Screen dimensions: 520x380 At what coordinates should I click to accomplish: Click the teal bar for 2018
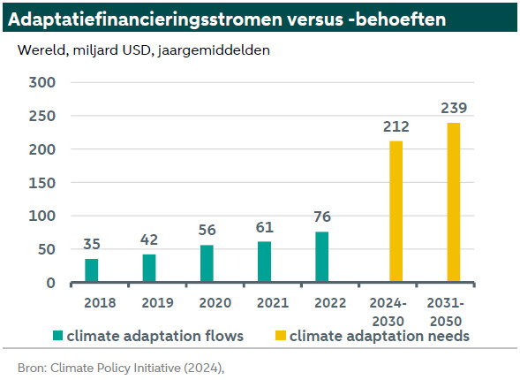(92, 270)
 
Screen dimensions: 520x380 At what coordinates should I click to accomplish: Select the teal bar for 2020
(207, 263)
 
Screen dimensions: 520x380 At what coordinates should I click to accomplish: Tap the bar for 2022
(322, 256)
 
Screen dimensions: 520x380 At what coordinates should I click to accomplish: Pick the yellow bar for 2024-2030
(396, 211)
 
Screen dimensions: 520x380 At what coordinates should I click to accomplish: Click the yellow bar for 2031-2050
(454, 202)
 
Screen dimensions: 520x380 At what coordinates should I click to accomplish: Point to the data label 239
(454, 108)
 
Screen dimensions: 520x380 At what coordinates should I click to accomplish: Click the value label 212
(396, 126)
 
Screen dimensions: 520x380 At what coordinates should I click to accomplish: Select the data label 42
(149, 240)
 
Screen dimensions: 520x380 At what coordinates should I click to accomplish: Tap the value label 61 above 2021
(264, 227)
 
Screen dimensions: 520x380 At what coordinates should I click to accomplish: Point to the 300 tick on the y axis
(41, 82)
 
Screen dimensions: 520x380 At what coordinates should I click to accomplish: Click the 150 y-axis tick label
(41, 183)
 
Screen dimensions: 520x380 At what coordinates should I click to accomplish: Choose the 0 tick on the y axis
(50, 283)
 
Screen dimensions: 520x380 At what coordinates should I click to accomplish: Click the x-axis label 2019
(157, 302)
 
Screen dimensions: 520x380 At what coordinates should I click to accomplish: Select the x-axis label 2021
(273, 302)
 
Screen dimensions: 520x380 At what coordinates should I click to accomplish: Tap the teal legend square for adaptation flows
(57, 336)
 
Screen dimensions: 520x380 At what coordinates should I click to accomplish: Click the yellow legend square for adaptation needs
(281, 336)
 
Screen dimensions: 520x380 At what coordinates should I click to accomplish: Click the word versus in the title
(315, 19)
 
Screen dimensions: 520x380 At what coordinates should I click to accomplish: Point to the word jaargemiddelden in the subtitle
(214, 50)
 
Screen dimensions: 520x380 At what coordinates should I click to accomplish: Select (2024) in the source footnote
(204, 368)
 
